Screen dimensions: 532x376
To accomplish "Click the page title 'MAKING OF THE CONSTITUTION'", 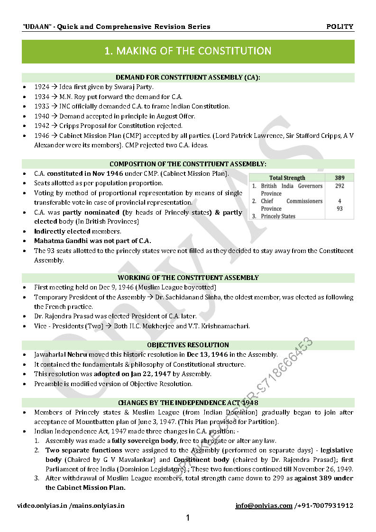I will coord(188,51).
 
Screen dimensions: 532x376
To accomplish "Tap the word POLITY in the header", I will coord(339,27).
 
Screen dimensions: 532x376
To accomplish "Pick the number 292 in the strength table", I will coord(339,186).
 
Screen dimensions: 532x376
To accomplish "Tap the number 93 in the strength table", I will coord(339,208).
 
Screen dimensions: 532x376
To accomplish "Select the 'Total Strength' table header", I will coord(287,178).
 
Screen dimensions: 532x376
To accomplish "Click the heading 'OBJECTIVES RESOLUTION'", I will coord(188,345).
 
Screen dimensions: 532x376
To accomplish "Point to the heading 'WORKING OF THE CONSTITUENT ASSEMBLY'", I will coord(188,278).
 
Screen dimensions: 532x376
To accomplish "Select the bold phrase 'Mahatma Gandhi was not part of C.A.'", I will coord(92,241).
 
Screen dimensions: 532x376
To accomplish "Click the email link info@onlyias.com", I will coord(264,505).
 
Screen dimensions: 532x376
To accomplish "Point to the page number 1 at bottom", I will coord(188,518).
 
